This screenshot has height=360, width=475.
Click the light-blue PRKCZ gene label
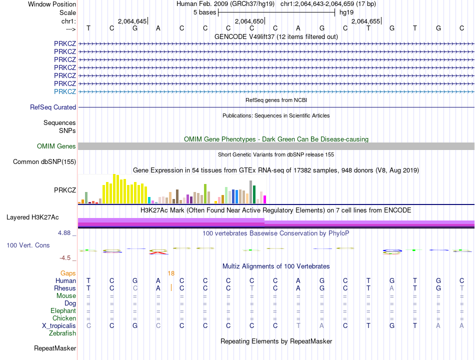[x=65, y=91]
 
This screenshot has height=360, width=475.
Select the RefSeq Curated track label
[x=53, y=107]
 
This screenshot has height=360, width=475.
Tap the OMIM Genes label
[x=56, y=146]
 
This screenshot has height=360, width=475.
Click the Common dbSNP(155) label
[x=44, y=162]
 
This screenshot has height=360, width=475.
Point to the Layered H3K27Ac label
[x=32, y=217]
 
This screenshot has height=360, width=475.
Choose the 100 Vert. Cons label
[x=28, y=245]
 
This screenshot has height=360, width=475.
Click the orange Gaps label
[x=68, y=273]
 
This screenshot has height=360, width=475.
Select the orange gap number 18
[x=171, y=273]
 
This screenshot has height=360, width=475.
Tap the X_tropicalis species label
[x=59, y=326]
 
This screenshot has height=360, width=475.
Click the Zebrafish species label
[x=62, y=333]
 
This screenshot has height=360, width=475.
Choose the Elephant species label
[x=63, y=311]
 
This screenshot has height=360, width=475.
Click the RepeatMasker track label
[x=55, y=348]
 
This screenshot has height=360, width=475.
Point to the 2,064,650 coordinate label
[x=249, y=21]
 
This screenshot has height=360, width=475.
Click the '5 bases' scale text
[x=205, y=12]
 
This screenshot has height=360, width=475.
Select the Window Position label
[x=52, y=4]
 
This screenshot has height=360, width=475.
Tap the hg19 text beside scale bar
[x=346, y=12]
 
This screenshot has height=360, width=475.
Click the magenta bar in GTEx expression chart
[x=265, y=199]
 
